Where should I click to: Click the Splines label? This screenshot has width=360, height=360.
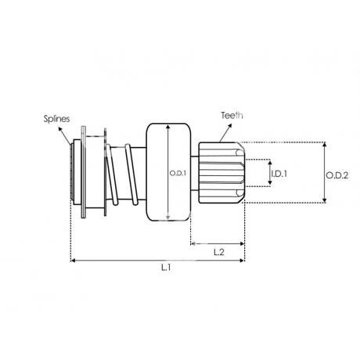pos(56,119)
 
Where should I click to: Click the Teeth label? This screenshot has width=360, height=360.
pos(232,115)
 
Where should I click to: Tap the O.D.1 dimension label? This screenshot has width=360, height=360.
pos(178,173)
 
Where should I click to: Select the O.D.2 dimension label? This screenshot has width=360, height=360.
pos(337,175)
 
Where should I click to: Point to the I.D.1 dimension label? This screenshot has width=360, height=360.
pos(279,174)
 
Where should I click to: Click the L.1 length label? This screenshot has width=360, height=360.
pos(166,268)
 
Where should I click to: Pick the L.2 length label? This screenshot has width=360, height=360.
pos(219,252)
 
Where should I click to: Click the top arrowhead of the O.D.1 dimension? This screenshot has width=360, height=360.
pos(168,127)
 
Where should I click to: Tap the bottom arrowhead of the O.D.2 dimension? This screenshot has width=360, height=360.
pos(324,200)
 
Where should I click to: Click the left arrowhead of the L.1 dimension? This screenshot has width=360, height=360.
pos(73,261)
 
